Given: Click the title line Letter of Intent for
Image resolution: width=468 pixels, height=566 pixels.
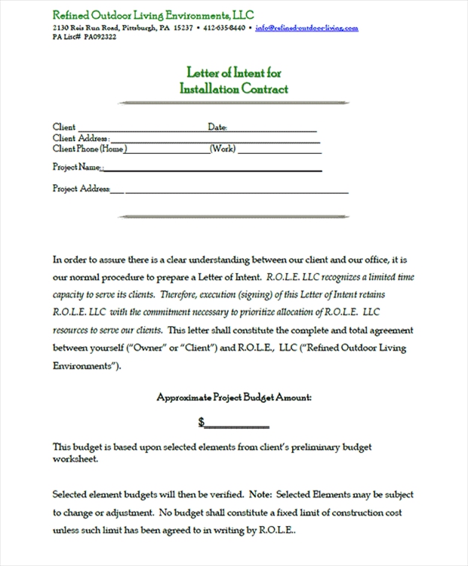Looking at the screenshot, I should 233,72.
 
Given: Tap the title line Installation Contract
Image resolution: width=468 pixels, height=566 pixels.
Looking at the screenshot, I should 233,88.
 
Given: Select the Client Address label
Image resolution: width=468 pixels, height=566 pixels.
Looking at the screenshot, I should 81,138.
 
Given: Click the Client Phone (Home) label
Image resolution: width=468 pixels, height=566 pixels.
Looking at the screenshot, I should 88,149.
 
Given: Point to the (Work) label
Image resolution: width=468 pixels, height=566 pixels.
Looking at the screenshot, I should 223,149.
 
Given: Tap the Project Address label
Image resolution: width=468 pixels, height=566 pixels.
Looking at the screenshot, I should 82,188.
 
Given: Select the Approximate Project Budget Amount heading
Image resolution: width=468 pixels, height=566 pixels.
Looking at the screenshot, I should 234,396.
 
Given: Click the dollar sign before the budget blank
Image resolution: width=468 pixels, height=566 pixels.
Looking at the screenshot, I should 202,421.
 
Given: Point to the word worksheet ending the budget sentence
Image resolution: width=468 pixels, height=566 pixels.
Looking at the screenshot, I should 75,458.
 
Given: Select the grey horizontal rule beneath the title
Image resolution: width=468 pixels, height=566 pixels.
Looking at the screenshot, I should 234,102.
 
